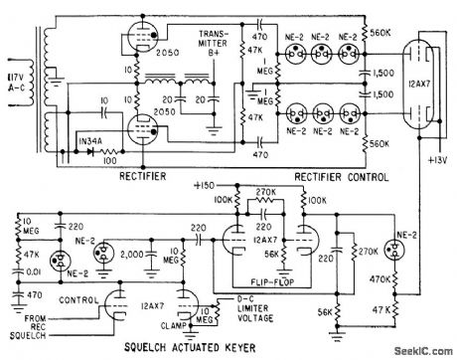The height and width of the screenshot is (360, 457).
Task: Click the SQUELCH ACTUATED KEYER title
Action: [140, 346]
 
